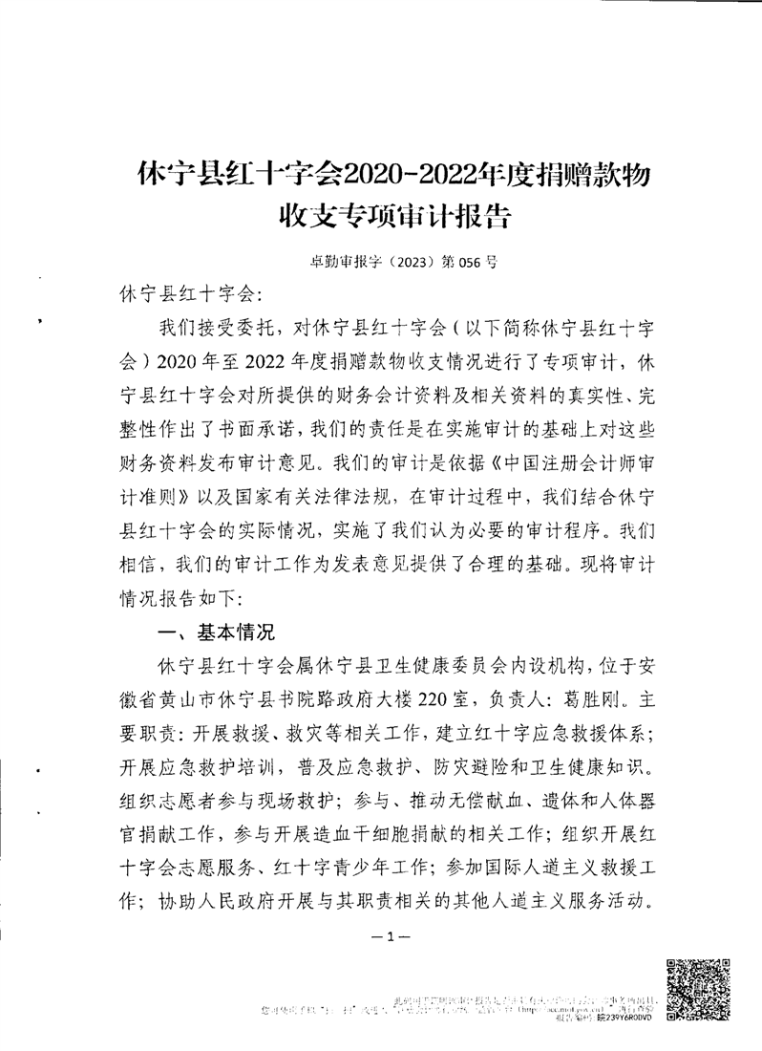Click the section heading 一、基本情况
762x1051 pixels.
[214, 632]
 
